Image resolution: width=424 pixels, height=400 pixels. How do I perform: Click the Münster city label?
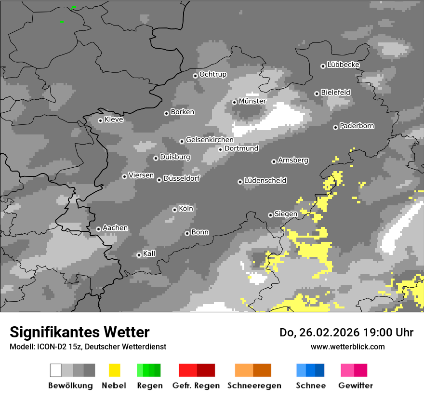pos(252,101)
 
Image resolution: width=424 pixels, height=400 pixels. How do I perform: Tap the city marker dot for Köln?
pos(174,210)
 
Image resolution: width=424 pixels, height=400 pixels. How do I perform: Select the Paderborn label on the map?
pos(357,126)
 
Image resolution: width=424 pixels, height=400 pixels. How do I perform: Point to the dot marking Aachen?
pos(98,229)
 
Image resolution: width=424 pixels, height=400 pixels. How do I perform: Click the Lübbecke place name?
pos(343,65)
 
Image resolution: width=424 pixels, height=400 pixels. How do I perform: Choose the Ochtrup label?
pos(212,74)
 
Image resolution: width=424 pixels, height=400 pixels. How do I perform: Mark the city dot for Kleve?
pos(100,120)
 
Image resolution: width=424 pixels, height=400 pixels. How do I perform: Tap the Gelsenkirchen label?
pos(209,140)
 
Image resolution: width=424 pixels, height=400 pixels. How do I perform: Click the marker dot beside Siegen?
pos(270,215)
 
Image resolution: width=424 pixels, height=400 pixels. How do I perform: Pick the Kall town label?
pos(149,253)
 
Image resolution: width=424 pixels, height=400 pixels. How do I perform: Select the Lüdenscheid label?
pos(265,180)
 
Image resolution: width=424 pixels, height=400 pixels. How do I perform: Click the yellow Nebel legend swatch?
pos(114,370)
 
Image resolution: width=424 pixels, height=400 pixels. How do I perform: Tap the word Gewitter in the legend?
pos(355,386)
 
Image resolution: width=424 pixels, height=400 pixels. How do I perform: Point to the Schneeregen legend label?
pos(254,386)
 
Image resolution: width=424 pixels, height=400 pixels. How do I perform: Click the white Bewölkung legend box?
pos(56,370)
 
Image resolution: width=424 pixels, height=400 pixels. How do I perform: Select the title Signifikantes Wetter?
pos(79,332)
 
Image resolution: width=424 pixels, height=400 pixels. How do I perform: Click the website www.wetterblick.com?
pos(347,347)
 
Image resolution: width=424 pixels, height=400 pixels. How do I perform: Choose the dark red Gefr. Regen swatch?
pos(206,370)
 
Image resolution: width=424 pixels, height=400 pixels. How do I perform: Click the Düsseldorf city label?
pos(181,178)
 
